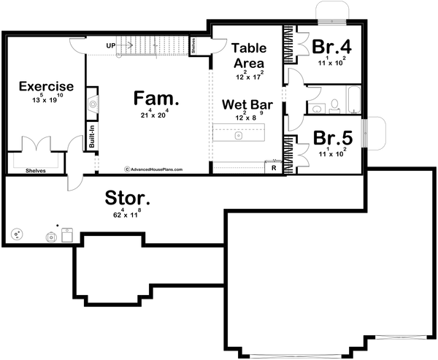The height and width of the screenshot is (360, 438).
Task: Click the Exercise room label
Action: click(46, 85)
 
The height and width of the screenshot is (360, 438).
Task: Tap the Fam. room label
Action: click(156, 97)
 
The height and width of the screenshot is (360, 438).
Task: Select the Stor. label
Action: click(128, 197)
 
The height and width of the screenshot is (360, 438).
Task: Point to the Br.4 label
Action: click(332, 47)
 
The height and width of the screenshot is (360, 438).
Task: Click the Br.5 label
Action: click(332, 137)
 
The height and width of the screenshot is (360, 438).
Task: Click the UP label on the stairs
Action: click(111, 45)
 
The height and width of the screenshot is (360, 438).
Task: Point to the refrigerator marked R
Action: click(272, 167)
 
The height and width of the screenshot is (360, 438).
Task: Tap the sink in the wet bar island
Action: click(238, 135)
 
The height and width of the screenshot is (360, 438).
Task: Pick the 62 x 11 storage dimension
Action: click(127, 214)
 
